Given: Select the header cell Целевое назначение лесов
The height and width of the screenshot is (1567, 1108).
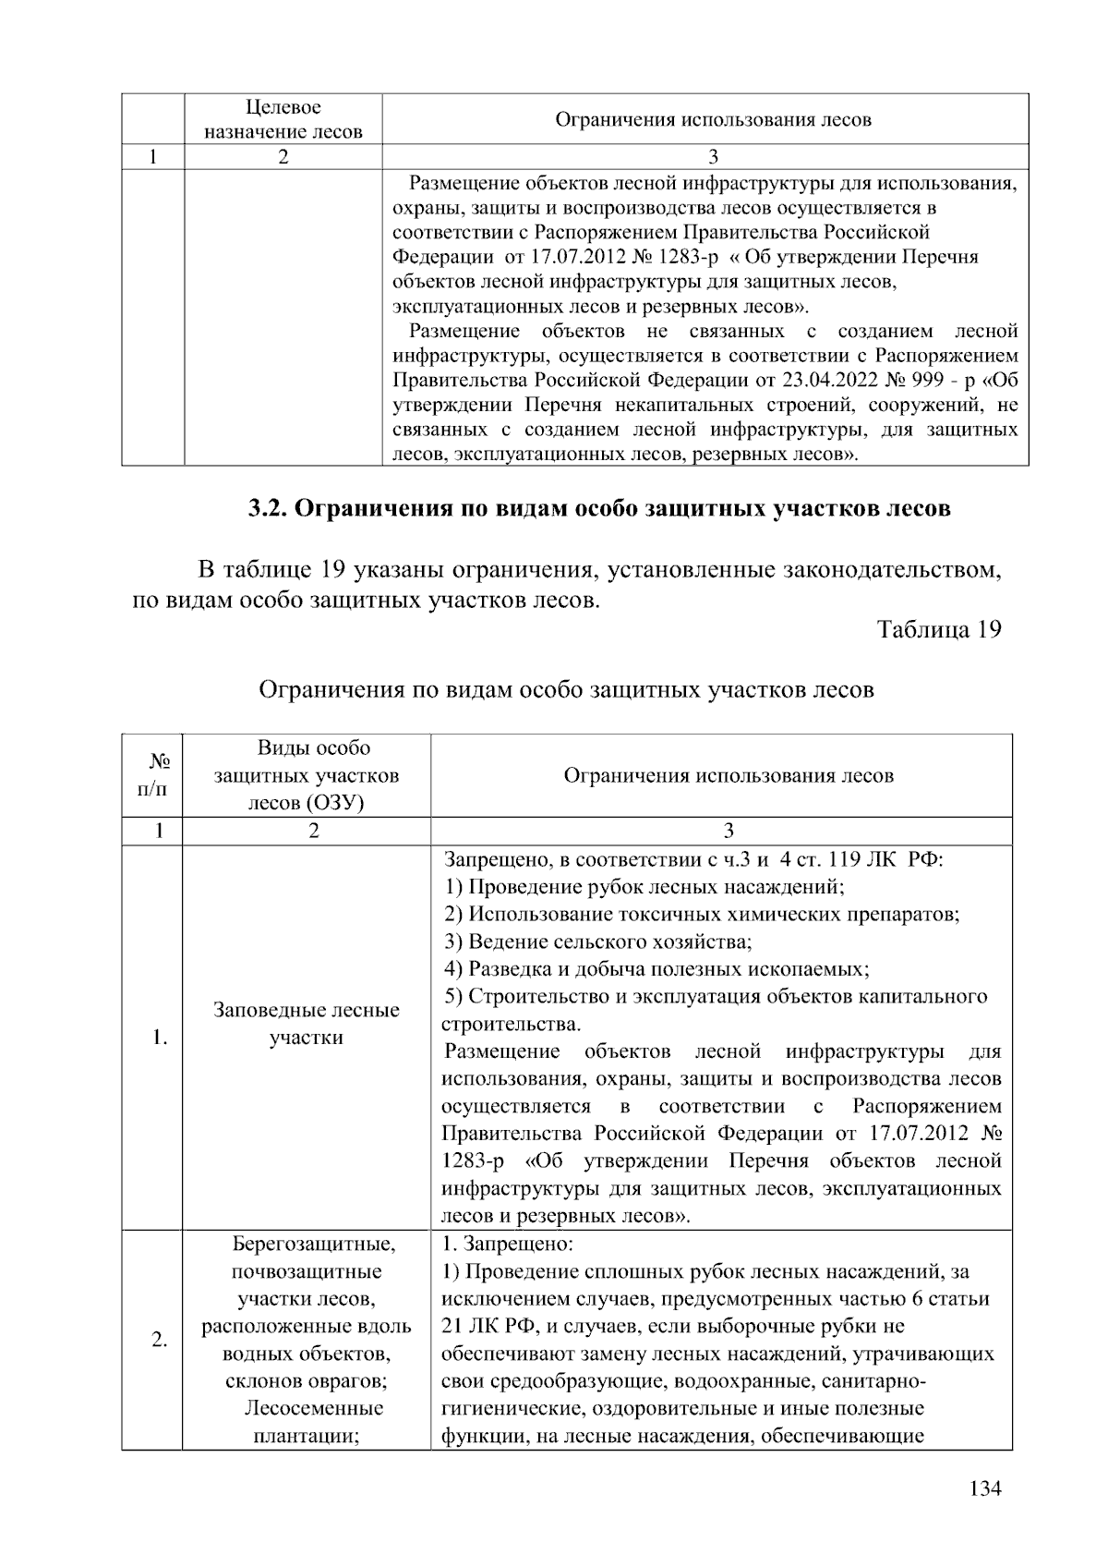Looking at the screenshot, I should point(283,119).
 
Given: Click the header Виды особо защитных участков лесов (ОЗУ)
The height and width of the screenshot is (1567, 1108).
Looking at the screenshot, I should point(307,774).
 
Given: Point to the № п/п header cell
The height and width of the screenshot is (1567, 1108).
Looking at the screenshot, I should point(158,774).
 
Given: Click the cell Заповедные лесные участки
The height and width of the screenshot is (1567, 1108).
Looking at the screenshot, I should point(307,1024).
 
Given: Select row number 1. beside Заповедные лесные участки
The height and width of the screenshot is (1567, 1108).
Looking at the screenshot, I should point(160,1038).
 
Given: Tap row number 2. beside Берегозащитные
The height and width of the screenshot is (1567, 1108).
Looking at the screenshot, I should point(160,1340).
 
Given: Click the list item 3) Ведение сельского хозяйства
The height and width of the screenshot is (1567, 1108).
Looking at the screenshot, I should point(597,941).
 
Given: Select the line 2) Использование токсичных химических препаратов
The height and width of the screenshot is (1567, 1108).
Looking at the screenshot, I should point(702,914).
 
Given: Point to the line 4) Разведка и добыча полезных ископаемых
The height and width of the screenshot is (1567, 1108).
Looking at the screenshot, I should point(656,969).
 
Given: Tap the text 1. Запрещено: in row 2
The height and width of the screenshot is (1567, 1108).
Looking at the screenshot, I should point(508,1244).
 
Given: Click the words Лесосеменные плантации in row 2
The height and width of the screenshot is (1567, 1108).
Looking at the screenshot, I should point(313,1423).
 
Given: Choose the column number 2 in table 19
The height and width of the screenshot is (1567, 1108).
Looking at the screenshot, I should point(314,831).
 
